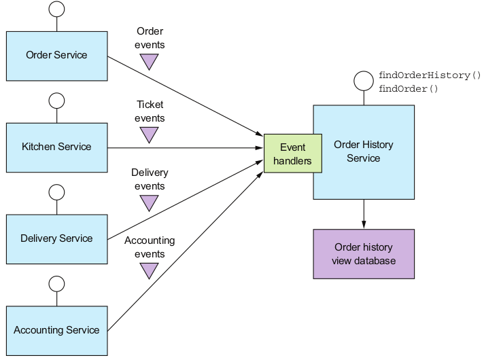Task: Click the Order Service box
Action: (x=56, y=56)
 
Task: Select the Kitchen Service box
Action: (x=56, y=147)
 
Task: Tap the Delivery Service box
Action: (x=56, y=239)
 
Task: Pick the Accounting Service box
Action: (x=56, y=331)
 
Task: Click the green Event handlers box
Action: (x=292, y=154)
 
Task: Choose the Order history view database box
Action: (x=364, y=254)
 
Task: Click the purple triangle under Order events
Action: (x=149, y=62)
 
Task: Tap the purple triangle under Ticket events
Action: (x=149, y=134)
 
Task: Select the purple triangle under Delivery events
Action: (x=149, y=202)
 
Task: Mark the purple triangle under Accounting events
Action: (x=149, y=270)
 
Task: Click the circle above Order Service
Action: (x=57, y=9)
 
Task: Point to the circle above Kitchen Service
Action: (x=57, y=101)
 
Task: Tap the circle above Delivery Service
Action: (x=57, y=192)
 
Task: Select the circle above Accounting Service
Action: (x=57, y=284)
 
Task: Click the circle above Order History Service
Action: (x=364, y=82)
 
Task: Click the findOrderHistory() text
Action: (x=429, y=75)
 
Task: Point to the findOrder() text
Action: (x=409, y=89)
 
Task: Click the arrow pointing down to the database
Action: (x=364, y=214)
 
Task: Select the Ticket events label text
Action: (x=150, y=111)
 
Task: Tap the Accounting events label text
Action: (x=150, y=247)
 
